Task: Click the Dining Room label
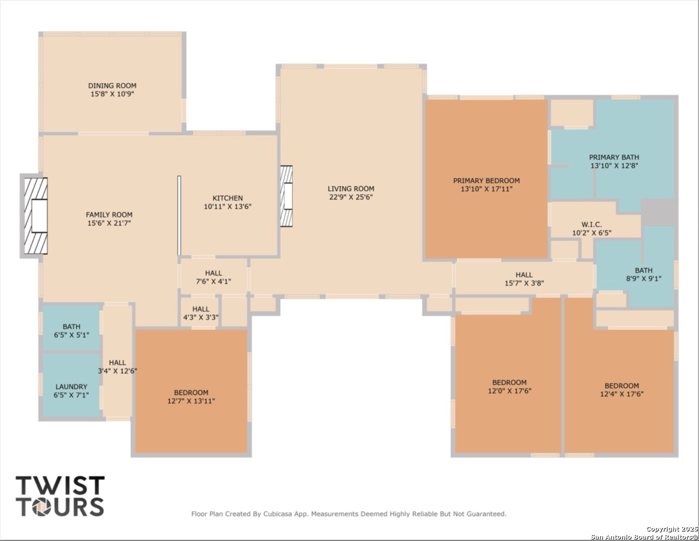pyautogui.click(x=112, y=86)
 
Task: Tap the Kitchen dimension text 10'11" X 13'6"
pyautogui.click(x=227, y=206)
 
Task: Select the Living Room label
pyautogui.click(x=351, y=189)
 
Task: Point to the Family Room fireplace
pyautogui.click(x=34, y=215)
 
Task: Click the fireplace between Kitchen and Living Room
pyautogui.click(x=286, y=196)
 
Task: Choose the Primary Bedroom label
pyautogui.click(x=486, y=181)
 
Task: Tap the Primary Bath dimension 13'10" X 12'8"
pyautogui.click(x=614, y=166)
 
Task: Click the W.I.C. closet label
pyautogui.click(x=591, y=224)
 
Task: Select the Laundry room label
pyautogui.click(x=72, y=387)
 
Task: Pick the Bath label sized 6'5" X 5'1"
pyautogui.click(x=72, y=327)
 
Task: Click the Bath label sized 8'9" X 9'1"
pyautogui.click(x=644, y=270)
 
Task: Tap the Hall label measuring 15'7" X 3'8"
pyautogui.click(x=524, y=275)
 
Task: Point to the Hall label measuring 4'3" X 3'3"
pyautogui.click(x=201, y=309)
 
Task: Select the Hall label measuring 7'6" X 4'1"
pyautogui.click(x=214, y=273)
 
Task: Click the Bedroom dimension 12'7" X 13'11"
pyautogui.click(x=191, y=401)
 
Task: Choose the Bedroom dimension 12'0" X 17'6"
pyautogui.click(x=510, y=391)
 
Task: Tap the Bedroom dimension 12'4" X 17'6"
pyautogui.click(x=622, y=394)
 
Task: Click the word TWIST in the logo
pyautogui.click(x=60, y=485)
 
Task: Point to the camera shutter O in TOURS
pyautogui.click(x=41, y=507)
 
